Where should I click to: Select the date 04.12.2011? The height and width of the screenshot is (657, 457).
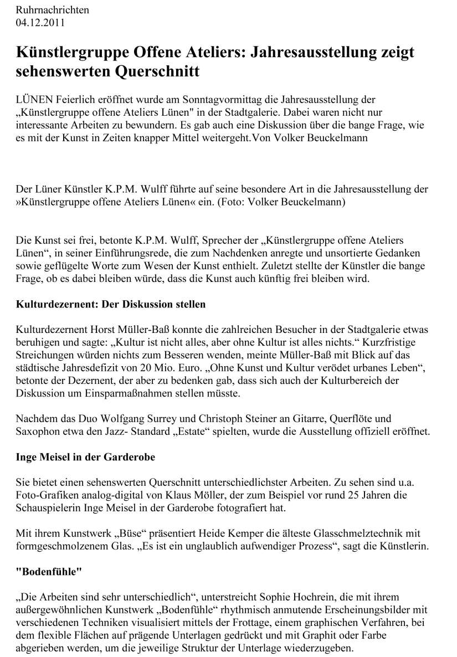40,23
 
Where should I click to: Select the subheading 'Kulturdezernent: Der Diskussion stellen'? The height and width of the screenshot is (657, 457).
111,304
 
